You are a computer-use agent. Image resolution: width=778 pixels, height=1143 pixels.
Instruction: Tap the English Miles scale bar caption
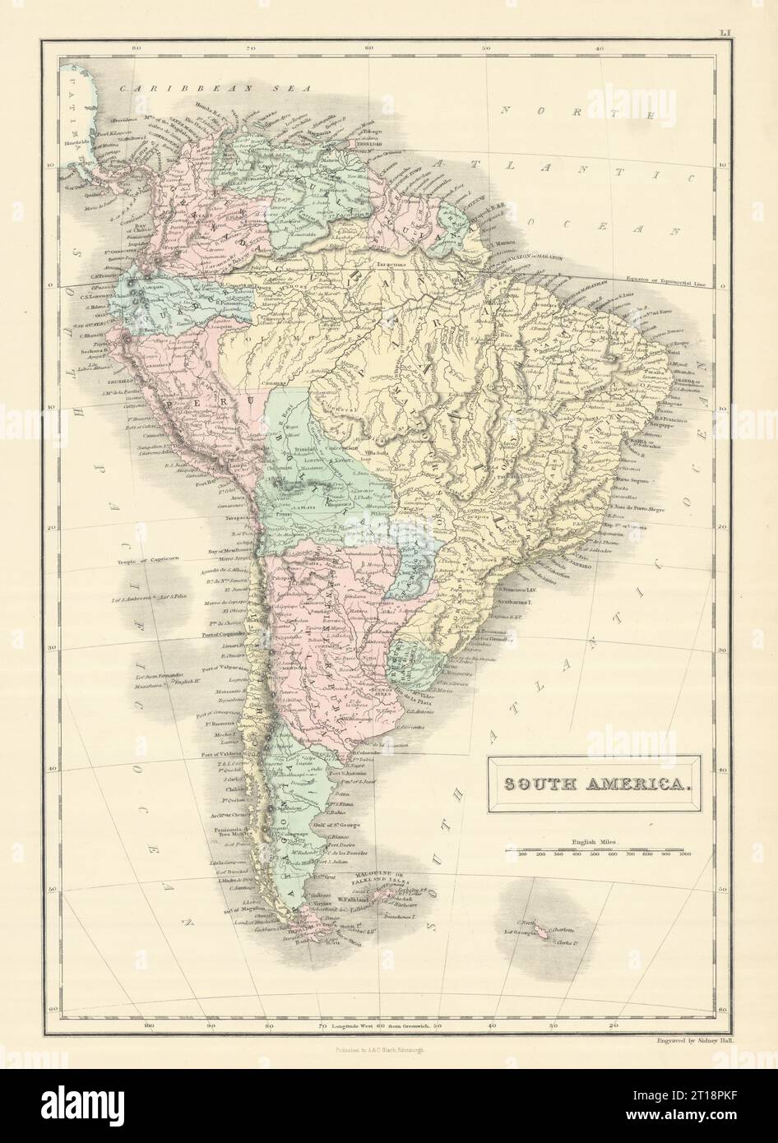[x=590, y=841]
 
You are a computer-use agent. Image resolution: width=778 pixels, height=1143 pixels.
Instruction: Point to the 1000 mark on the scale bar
[x=683, y=855]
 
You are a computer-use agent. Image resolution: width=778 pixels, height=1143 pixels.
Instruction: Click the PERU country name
[x=183, y=405]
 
